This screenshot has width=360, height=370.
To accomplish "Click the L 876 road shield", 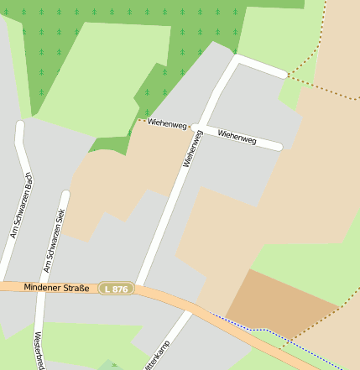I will (116, 289).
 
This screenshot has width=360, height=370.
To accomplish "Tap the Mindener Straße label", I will (56, 288).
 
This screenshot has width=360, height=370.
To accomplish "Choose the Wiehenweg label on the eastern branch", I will (237, 135).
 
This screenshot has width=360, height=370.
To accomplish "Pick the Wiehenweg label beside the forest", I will (166, 124).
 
